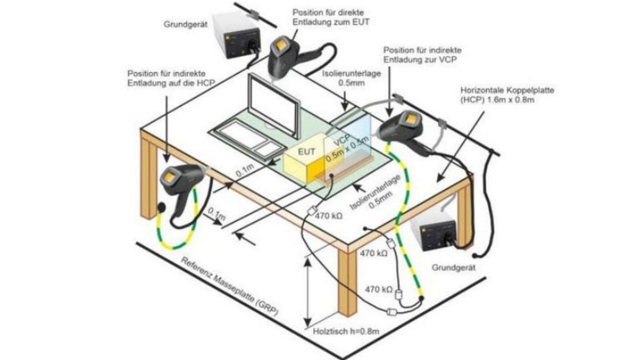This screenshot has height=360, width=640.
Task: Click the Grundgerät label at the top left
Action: [x=185, y=25]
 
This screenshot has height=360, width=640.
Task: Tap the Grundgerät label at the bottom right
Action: [x=454, y=268]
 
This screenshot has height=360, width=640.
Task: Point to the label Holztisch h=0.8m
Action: [x=346, y=331]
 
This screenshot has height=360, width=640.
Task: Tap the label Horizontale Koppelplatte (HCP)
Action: [x=507, y=95]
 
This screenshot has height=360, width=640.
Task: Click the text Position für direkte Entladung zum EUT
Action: [x=331, y=18]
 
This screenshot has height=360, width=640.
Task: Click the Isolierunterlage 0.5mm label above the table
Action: [x=351, y=78]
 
